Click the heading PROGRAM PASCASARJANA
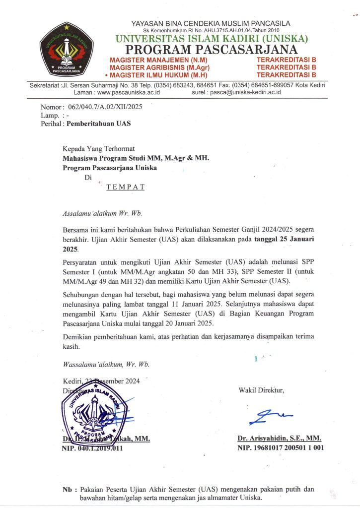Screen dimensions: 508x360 click(x=211, y=50)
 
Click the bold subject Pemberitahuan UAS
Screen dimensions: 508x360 click(x=98, y=124)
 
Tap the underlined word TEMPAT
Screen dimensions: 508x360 click(x=126, y=187)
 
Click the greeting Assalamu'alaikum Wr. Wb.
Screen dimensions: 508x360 click(x=102, y=214)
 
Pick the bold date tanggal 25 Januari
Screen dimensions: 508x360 click(x=284, y=239)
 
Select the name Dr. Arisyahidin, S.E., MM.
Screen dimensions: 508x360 click(x=280, y=439)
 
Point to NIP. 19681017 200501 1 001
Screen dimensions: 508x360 click(x=281, y=448)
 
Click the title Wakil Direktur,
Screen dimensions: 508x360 click(x=261, y=390)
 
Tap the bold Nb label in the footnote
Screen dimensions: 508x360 click(x=68, y=489)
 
